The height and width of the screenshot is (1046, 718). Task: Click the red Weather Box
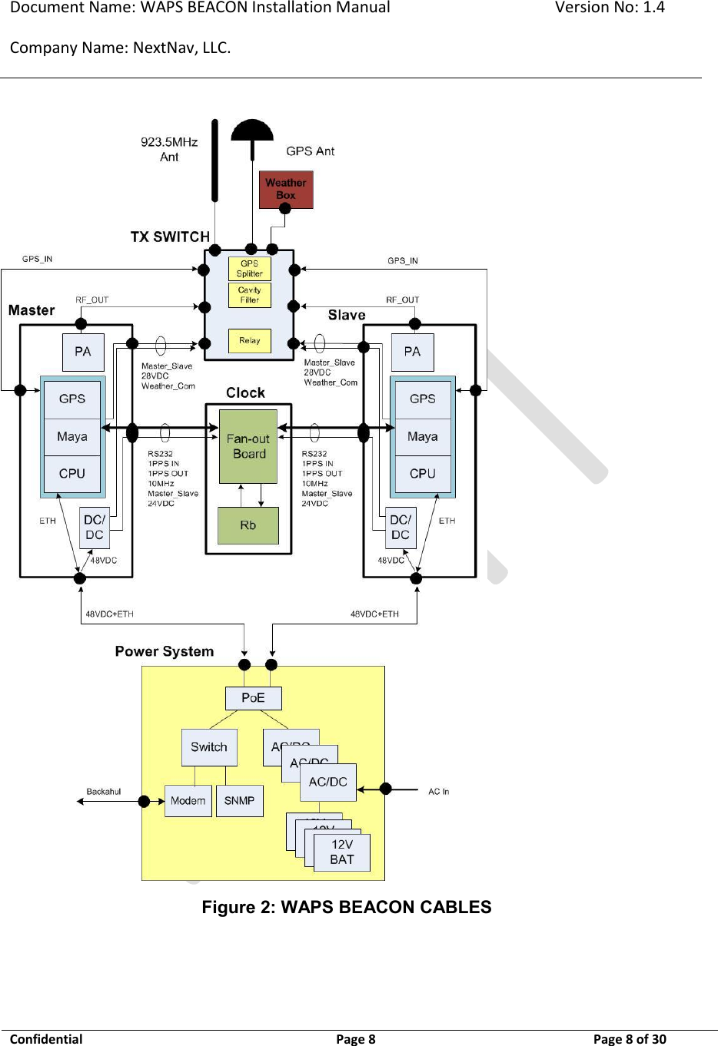(286, 189)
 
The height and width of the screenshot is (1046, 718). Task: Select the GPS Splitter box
(250, 269)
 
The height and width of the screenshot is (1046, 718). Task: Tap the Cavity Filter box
(250, 295)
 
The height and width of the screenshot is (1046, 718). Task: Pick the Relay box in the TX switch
(250, 340)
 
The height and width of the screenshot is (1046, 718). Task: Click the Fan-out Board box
(248, 446)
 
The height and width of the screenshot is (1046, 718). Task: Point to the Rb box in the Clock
(248, 525)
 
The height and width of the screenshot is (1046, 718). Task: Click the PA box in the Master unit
(83, 352)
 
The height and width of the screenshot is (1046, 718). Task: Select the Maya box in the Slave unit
(422, 436)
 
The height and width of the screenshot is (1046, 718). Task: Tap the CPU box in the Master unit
(72, 473)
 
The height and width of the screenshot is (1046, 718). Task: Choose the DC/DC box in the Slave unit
(401, 528)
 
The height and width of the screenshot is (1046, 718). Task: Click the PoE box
(253, 697)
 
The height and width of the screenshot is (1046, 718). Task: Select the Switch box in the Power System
(209, 746)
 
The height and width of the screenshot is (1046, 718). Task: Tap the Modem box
(188, 800)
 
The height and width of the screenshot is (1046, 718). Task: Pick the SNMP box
(240, 800)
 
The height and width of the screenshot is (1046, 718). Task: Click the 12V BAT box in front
(342, 852)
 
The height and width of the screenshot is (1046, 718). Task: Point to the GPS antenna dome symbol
(252, 130)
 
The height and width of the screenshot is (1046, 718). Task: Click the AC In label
(438, 791)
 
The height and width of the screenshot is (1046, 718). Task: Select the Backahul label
(104, 791)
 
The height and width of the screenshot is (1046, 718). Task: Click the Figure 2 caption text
(346, 907)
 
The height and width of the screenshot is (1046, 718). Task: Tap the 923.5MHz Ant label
(169, 149)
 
